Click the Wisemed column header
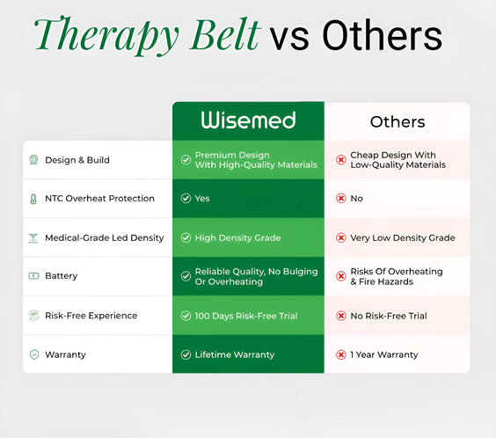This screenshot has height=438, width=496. pyautogui.click(x=248, y=120)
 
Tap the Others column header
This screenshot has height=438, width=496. pyautogui.click(x=397, y=122)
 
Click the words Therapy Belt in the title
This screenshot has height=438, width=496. pyautogui.click(x=147, y=36)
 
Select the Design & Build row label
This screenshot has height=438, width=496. pyautogui.click(x=77, y=160)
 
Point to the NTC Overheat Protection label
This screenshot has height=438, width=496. pyautogui.click(x=99, y=199)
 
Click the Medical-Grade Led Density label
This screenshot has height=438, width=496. pyautogui.click(x=104, y=237)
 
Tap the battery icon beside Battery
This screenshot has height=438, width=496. pyautogui.click(x=33, y=276)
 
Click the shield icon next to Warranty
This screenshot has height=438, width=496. pyautogui.click(x=33, y=354)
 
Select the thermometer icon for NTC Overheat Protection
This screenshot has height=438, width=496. pyautogui.click(x=33, y=199)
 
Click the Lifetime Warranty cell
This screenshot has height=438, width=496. pyautogui.click(x=234, y=354)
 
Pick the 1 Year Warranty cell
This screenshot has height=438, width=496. pyautogui.click(x=383, y=354)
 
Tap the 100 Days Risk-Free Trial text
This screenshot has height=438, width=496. pyautogui.click(x=245, y=316)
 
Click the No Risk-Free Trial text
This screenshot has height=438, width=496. pyautogui.click(x=388, y=316)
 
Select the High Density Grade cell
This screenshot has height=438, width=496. pyautogui.click(x=237, y=237)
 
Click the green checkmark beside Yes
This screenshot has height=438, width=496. pyautogui.click(x=186, y=199)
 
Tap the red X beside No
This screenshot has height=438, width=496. pyautogui.click(x=340, y=199)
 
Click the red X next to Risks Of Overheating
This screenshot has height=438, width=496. pyautogui.click(x=340, y=276)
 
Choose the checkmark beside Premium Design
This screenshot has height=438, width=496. pyautogui.click(x=186, y=160)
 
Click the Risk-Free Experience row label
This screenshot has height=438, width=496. pyautogui.click(x=91, y=316)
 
